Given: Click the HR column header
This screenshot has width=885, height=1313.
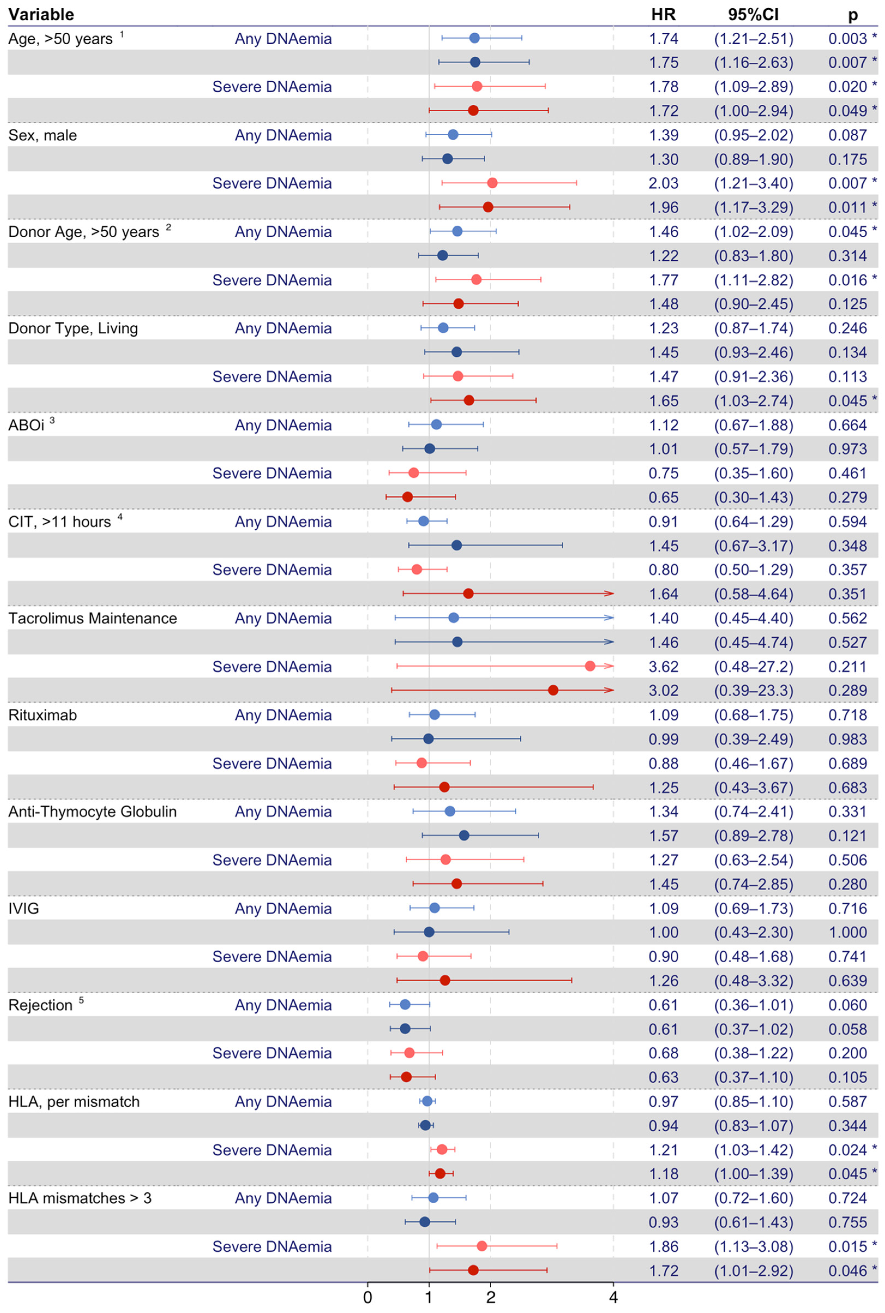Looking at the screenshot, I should tap(663, 14).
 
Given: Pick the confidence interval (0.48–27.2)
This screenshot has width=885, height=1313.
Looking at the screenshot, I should tap(754, 667).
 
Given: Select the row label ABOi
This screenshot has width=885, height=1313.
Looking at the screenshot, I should tap(26, 425).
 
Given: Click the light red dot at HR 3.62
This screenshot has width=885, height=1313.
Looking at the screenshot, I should tap(590, 666).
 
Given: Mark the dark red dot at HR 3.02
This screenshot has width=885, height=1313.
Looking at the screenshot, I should tap(553, 690).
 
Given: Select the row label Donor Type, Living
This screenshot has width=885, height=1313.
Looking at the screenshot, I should tap(73, 329).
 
